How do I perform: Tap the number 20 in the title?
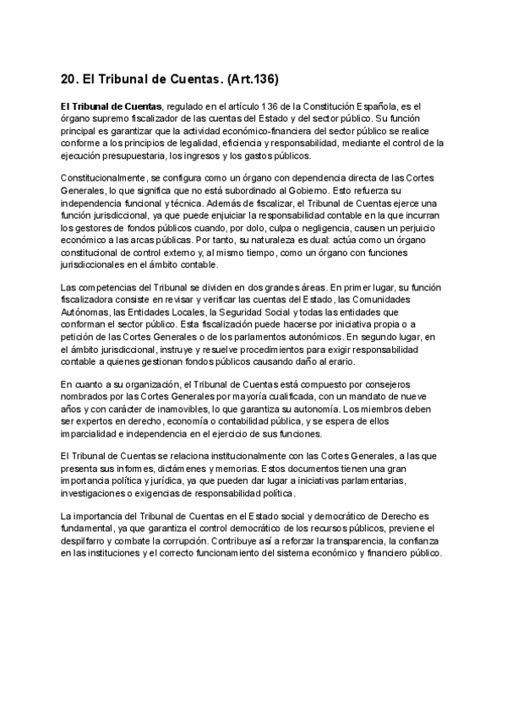69,79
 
